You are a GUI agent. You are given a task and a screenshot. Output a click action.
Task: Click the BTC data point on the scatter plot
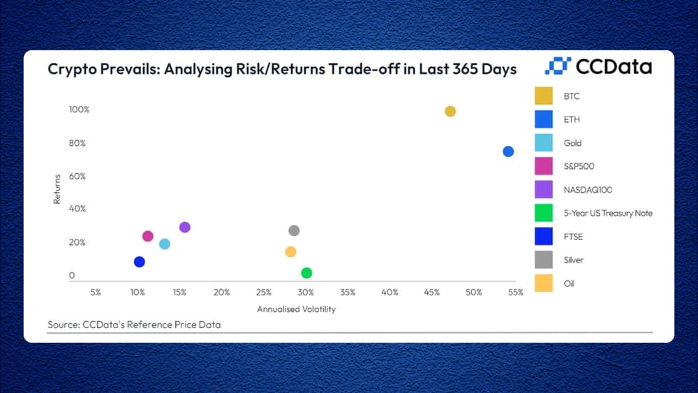(450, 111)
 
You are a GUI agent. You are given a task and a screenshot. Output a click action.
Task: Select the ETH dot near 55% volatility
(508, 151)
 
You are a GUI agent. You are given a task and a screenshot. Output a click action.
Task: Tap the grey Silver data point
(294, 230)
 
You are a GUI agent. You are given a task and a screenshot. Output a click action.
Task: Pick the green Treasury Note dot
(306, 273)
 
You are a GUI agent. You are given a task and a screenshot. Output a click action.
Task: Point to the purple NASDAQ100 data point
(185, 228)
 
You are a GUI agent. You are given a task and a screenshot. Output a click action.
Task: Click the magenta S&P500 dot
(148, 236)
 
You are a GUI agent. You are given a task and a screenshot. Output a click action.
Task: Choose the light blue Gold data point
(165, 244)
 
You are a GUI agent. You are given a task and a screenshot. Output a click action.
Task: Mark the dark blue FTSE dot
(140, 262)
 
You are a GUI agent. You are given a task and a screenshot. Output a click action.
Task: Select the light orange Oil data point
(290, 252)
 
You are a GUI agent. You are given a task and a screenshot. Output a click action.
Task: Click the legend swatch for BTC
(544, 96)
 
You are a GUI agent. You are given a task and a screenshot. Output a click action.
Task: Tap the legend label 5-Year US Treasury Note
(608, 213)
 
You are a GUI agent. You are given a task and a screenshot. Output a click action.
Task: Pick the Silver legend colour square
(544, 260)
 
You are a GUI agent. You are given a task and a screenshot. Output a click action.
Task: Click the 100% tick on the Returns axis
(80, 110)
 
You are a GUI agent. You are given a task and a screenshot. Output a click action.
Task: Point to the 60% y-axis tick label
(77, 176)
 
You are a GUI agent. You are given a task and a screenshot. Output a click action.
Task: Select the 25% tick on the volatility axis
(264, 292)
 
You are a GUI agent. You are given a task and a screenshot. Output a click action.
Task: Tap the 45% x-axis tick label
(432, 292)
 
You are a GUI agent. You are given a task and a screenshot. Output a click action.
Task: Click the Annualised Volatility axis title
(296, 309)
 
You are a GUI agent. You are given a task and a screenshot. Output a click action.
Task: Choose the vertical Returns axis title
(57, 189)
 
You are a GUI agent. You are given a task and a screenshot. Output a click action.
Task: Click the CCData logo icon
(558, 66)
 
